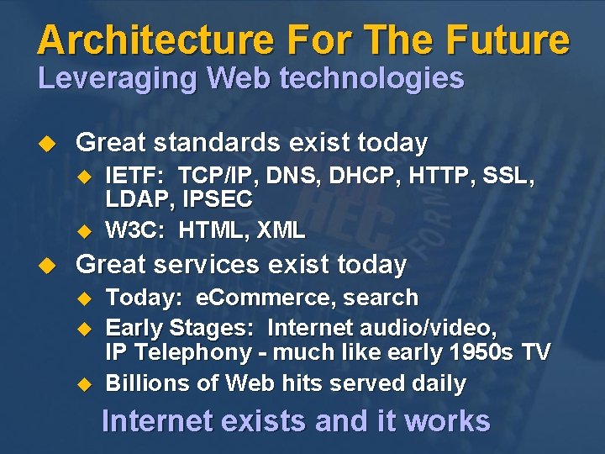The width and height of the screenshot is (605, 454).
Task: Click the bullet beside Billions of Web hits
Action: pyautogui.click(x=82, y=384)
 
